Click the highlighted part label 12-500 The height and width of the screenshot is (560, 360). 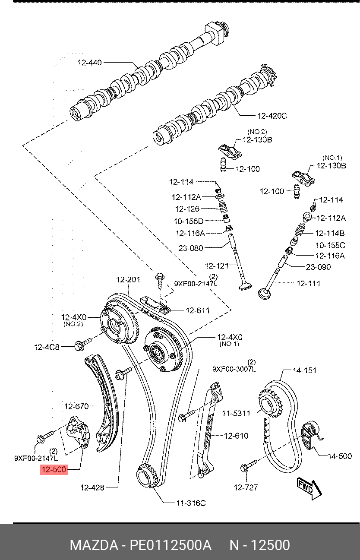54,470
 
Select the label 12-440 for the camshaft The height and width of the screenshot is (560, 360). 90,63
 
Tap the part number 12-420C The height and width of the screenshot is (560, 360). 272,116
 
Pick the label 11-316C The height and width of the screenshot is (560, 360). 191,503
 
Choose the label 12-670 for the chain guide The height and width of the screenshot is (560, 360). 76,406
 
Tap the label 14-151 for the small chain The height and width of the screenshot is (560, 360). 304,370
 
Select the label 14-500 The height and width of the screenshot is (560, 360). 340,456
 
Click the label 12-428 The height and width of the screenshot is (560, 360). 92,487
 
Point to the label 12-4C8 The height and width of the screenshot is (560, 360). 47,346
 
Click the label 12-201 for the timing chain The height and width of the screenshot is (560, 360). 128,280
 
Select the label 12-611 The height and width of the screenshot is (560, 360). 198,310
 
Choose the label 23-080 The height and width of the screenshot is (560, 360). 190,248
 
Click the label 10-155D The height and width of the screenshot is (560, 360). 189,221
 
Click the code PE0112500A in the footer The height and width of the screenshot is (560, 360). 171,545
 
